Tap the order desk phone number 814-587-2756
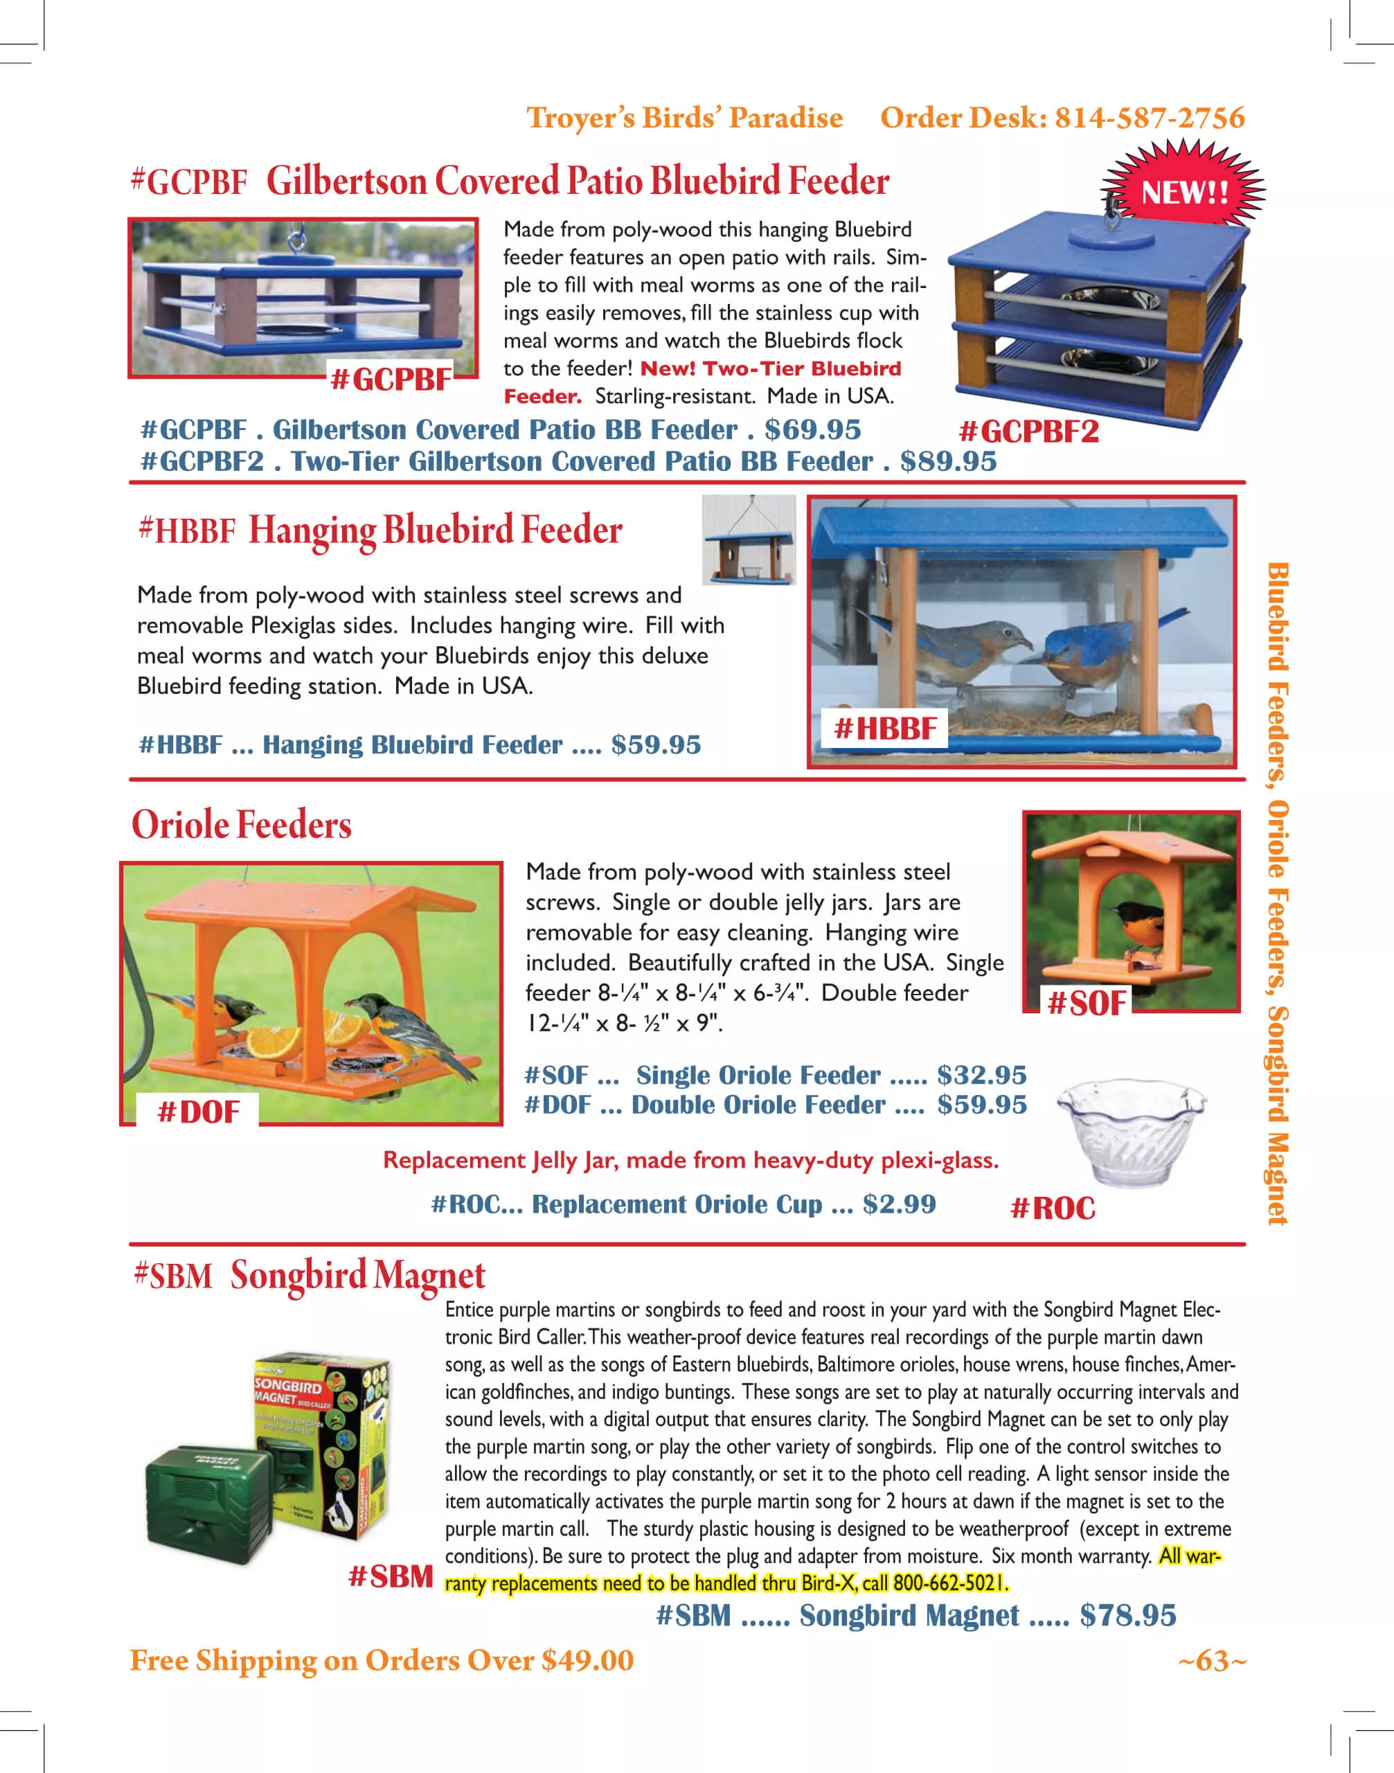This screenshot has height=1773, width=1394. pyautogui.click(x=1149, y=118)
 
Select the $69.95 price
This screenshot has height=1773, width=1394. pyautogui.click(x=812, y=429)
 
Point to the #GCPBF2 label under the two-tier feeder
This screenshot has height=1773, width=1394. pyautogui.click(x=1028, y=431)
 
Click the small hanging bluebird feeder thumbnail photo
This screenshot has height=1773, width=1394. pyautogui.click(x=749, y=540)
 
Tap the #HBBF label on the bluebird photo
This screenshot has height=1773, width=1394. pyautogui.click(x=886, y=728)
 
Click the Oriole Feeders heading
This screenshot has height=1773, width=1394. pyautogui.click(x=242, y=824)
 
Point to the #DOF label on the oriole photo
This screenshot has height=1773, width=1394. pyautogui.click(x=198, y=1112)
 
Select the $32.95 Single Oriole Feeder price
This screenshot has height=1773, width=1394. pyautogui.click(x=981, y=1075)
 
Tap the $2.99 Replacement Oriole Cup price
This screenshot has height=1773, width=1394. pyautogui.click(x=899, y=1204)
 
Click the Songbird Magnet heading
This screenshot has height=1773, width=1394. pyautogui.click(x=357, y=1275)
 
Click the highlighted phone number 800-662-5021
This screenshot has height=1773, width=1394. pyautogui.click(x=950, y=1584)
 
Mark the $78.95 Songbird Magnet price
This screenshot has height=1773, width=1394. pyautogui.click(x=1127, y=1616)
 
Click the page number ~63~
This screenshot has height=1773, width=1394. pyautogui.click(x=1211, y=1660)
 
